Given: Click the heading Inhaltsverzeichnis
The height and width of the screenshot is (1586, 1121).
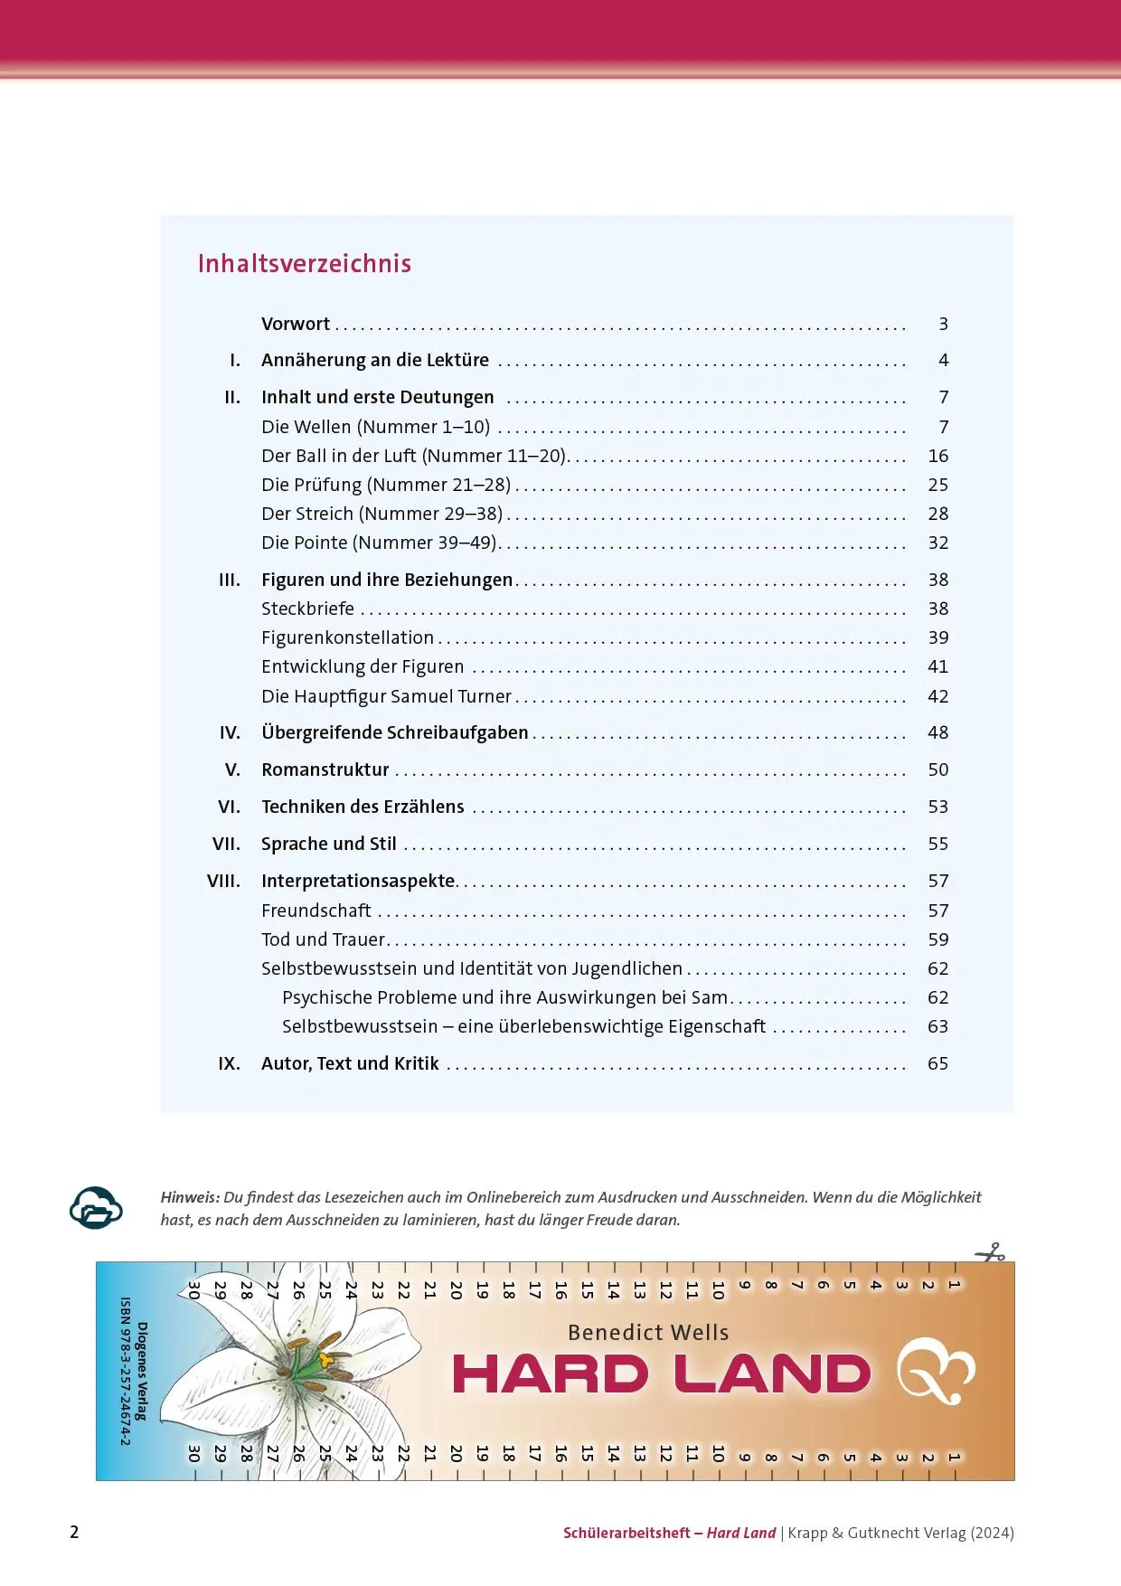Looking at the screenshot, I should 305,263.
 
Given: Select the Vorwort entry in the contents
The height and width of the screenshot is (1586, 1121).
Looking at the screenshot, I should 296,324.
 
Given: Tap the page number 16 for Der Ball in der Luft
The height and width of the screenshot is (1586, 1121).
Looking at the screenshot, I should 937,456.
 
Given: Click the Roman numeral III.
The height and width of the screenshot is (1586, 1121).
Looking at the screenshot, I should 230,580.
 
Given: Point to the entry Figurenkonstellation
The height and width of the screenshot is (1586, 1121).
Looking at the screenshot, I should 347,637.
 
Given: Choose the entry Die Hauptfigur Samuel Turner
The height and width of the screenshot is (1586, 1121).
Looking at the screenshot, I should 386,696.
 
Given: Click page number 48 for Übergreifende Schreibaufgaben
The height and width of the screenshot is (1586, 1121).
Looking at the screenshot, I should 937,732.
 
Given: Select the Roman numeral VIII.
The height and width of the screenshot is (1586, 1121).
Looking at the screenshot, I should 223,881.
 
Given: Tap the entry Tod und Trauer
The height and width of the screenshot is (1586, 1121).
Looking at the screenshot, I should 323,939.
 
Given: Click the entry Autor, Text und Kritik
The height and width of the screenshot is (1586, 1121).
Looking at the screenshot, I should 350,1063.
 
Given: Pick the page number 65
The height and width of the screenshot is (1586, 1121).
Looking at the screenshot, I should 937,1063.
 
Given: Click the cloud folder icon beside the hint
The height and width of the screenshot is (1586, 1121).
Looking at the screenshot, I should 96,1207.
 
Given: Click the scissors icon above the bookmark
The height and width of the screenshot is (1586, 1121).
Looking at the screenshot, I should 990,1253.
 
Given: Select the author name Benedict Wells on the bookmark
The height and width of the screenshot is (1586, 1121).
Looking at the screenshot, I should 648,1332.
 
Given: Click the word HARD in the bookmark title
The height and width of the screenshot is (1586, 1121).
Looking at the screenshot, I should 551,1374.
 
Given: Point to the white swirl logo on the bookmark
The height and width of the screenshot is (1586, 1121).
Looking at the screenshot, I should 936,1370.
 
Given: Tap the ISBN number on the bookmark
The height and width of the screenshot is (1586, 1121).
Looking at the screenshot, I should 126,1371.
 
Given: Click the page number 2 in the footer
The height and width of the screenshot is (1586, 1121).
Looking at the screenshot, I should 74,1532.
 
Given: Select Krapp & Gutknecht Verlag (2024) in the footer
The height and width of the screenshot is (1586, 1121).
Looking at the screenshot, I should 900,1533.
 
